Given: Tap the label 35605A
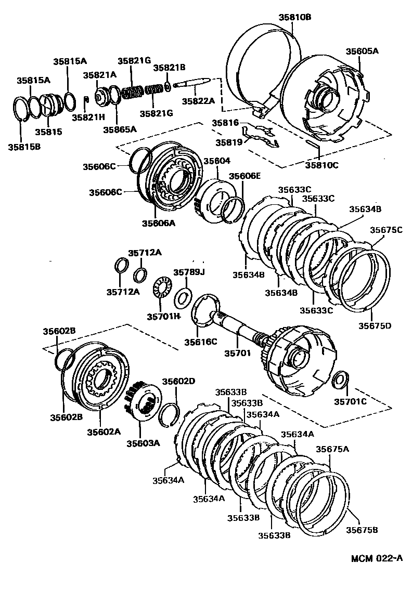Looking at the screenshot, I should [x=362, y=51].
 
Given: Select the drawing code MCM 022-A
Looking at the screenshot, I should [x=377, y=559].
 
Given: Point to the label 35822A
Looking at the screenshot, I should [x=198, y=101].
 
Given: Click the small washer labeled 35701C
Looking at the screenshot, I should [x=339, y=379].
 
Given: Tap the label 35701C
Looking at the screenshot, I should [x=350, y=401].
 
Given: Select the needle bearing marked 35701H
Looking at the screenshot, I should [x=163, y=287].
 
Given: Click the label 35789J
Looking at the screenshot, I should [x=189, y=272].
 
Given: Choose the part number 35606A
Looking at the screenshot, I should [x=159, y=224].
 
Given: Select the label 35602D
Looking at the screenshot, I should [x=178, y=381].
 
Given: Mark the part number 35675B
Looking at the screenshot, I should [x=363, y=530].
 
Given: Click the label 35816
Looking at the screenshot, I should [x=225, y=123].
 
